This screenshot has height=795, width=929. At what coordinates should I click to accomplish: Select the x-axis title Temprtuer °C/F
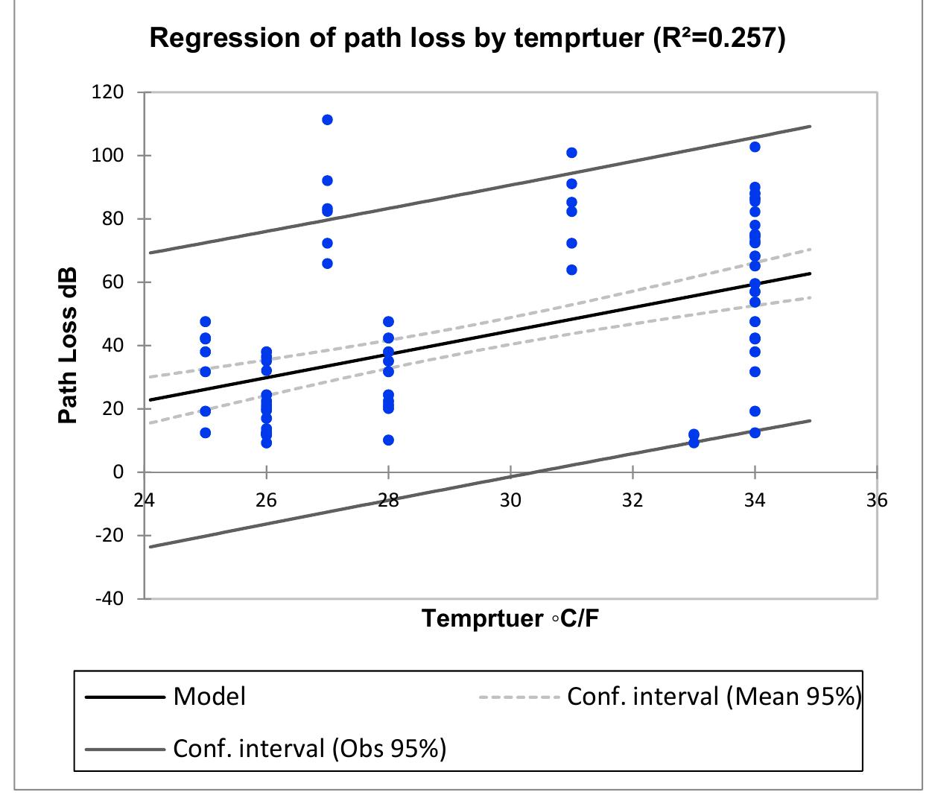click(510, 619)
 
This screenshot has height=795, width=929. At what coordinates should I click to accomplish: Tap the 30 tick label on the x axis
click(510, 500)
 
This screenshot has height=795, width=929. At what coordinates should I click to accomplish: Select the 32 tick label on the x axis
click(632, 500)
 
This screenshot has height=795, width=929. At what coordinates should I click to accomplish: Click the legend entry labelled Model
click(209, 697)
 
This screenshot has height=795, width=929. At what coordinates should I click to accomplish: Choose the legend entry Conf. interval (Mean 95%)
click(714, 697)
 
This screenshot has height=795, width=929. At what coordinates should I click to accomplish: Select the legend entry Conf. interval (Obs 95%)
click(309, 747)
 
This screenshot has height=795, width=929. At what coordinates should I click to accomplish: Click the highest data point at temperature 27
click(327, 120)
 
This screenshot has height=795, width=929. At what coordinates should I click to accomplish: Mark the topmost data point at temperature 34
click(755, 147)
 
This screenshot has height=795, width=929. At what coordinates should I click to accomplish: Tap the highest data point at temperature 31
click(571, 153)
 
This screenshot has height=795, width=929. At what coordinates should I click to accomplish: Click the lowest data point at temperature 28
click(388, 440)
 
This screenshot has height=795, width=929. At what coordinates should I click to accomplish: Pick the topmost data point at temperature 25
click(205, 322)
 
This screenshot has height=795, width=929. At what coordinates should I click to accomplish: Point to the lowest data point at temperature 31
click(571, 270)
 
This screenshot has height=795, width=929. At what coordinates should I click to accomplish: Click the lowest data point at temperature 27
click(327, 264)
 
